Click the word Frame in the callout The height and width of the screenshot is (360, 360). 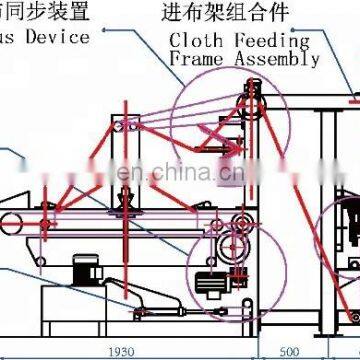coord(197,59)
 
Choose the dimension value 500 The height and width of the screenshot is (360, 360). coord(289,350)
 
